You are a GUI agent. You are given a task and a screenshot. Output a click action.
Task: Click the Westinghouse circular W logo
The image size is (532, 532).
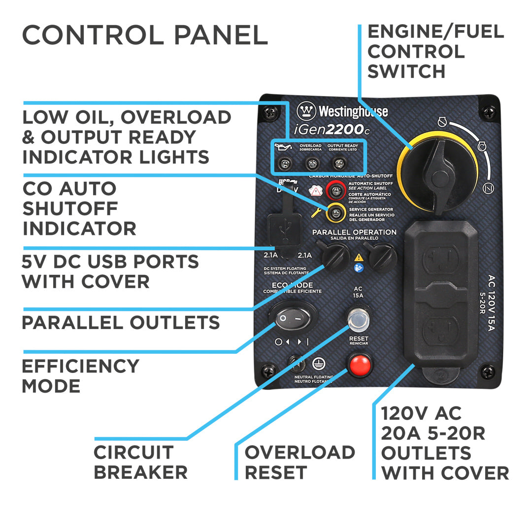click(306, 111)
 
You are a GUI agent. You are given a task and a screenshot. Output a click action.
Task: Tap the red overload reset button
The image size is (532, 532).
click(360, 366)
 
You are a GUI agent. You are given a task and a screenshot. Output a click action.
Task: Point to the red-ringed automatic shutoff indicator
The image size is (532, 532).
click(336, 188)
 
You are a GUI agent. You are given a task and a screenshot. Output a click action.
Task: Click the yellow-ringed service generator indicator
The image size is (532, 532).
click(336, 212)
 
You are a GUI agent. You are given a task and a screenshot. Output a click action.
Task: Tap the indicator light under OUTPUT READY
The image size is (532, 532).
click(338, 163)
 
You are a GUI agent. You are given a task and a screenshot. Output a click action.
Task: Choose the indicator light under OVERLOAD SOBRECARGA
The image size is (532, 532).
click(310, 163)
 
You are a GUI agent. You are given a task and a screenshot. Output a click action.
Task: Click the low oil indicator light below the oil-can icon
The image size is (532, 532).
click(283, 163)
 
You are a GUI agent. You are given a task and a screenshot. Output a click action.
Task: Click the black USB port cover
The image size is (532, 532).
click(285, 232)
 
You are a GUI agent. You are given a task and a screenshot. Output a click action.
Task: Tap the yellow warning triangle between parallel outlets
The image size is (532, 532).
click(359, 257)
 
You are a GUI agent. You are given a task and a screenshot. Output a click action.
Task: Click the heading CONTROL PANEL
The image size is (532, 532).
click(145, 35)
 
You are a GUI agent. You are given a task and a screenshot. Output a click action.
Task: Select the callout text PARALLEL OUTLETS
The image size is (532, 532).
click(121, 323)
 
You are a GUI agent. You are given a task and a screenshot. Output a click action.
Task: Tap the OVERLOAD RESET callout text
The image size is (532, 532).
click(299, 462)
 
